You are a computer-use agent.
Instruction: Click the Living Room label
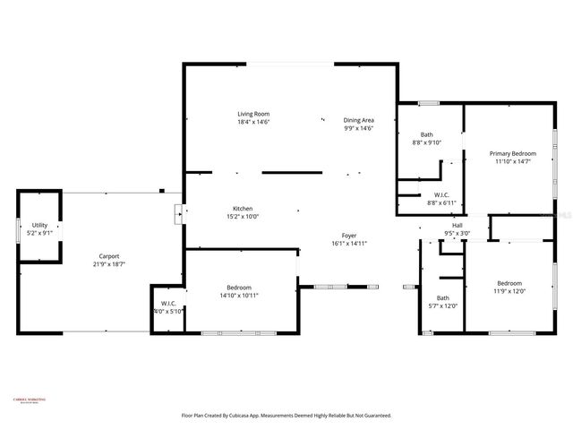coord(253,114)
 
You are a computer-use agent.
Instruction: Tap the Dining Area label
coord(358,120)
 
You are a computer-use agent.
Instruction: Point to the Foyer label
coord(349,235)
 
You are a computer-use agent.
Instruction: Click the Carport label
coord(107,257)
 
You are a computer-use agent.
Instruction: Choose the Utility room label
coord(40,225)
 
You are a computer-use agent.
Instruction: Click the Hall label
coord(457,225)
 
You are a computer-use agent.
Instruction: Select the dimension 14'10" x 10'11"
coord(239,295)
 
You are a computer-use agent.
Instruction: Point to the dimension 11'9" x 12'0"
coord(509,290)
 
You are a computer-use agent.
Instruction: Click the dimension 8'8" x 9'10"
coord(428,142)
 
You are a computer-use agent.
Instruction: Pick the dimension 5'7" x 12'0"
coord(442,305)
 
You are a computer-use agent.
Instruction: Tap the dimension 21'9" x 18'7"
coord(107,265)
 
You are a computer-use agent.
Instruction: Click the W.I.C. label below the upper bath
coord(441,194)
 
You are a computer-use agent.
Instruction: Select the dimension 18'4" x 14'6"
coord(253,122)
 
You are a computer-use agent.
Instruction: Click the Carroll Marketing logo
coord(30,400)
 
